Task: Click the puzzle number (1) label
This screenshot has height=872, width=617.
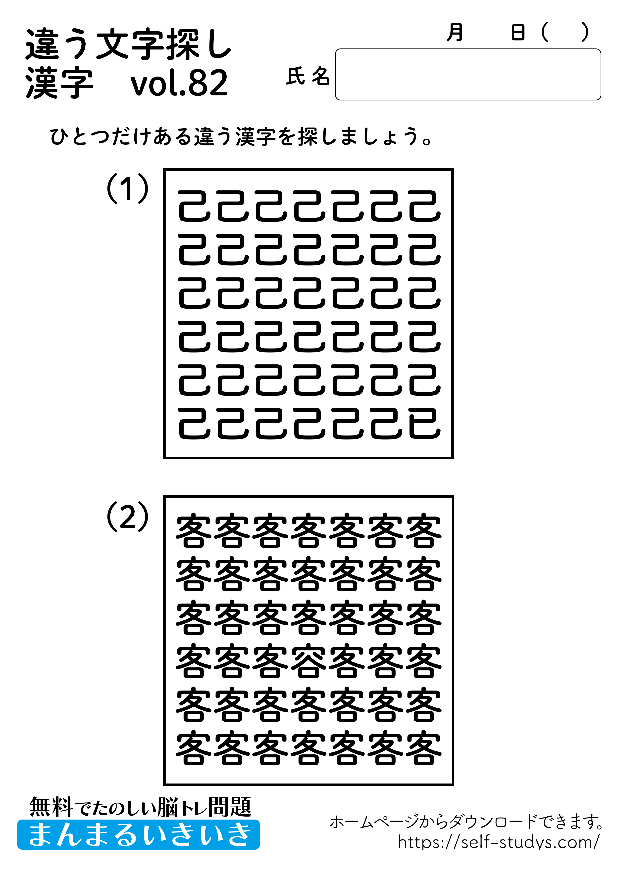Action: coord(127,188)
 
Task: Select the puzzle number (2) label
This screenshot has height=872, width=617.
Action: coord(127,517)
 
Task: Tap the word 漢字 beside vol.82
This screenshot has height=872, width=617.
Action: coord(59,83)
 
